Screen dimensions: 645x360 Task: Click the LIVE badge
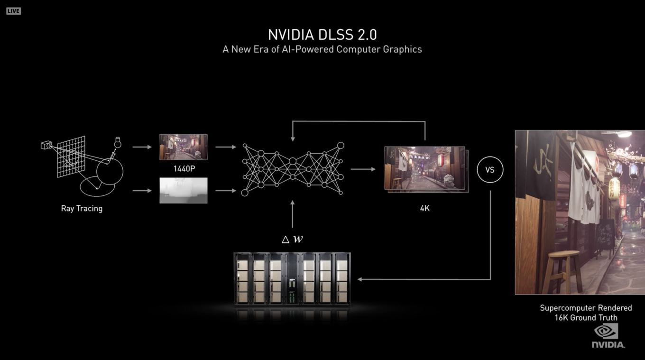[x=14, y=11]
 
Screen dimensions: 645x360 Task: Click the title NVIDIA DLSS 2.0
[x=322, y=35]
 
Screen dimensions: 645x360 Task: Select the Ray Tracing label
[x=82, y=209]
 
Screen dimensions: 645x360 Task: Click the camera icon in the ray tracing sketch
[x=46, y=145]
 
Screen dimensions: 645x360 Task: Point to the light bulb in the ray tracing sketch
[x=118, y=142]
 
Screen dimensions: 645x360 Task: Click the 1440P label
[x=184, y=169]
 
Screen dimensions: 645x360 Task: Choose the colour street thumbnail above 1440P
[x=184, y=147]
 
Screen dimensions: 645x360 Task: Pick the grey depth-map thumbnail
[x=184, y=190]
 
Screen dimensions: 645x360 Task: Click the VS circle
[x=490, y=170]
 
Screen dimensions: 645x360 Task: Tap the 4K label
[x=425, y=208]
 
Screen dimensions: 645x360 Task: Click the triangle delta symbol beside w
[x=286, y=240]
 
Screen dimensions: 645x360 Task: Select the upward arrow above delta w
[x=293, y=214]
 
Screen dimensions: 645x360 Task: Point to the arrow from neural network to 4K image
[x=363, y=169]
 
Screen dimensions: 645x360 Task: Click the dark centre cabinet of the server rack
[x=292, y=278]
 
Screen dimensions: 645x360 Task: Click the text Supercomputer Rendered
[x=586, y=308]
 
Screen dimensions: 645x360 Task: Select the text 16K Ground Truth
[x=586, y=318]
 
